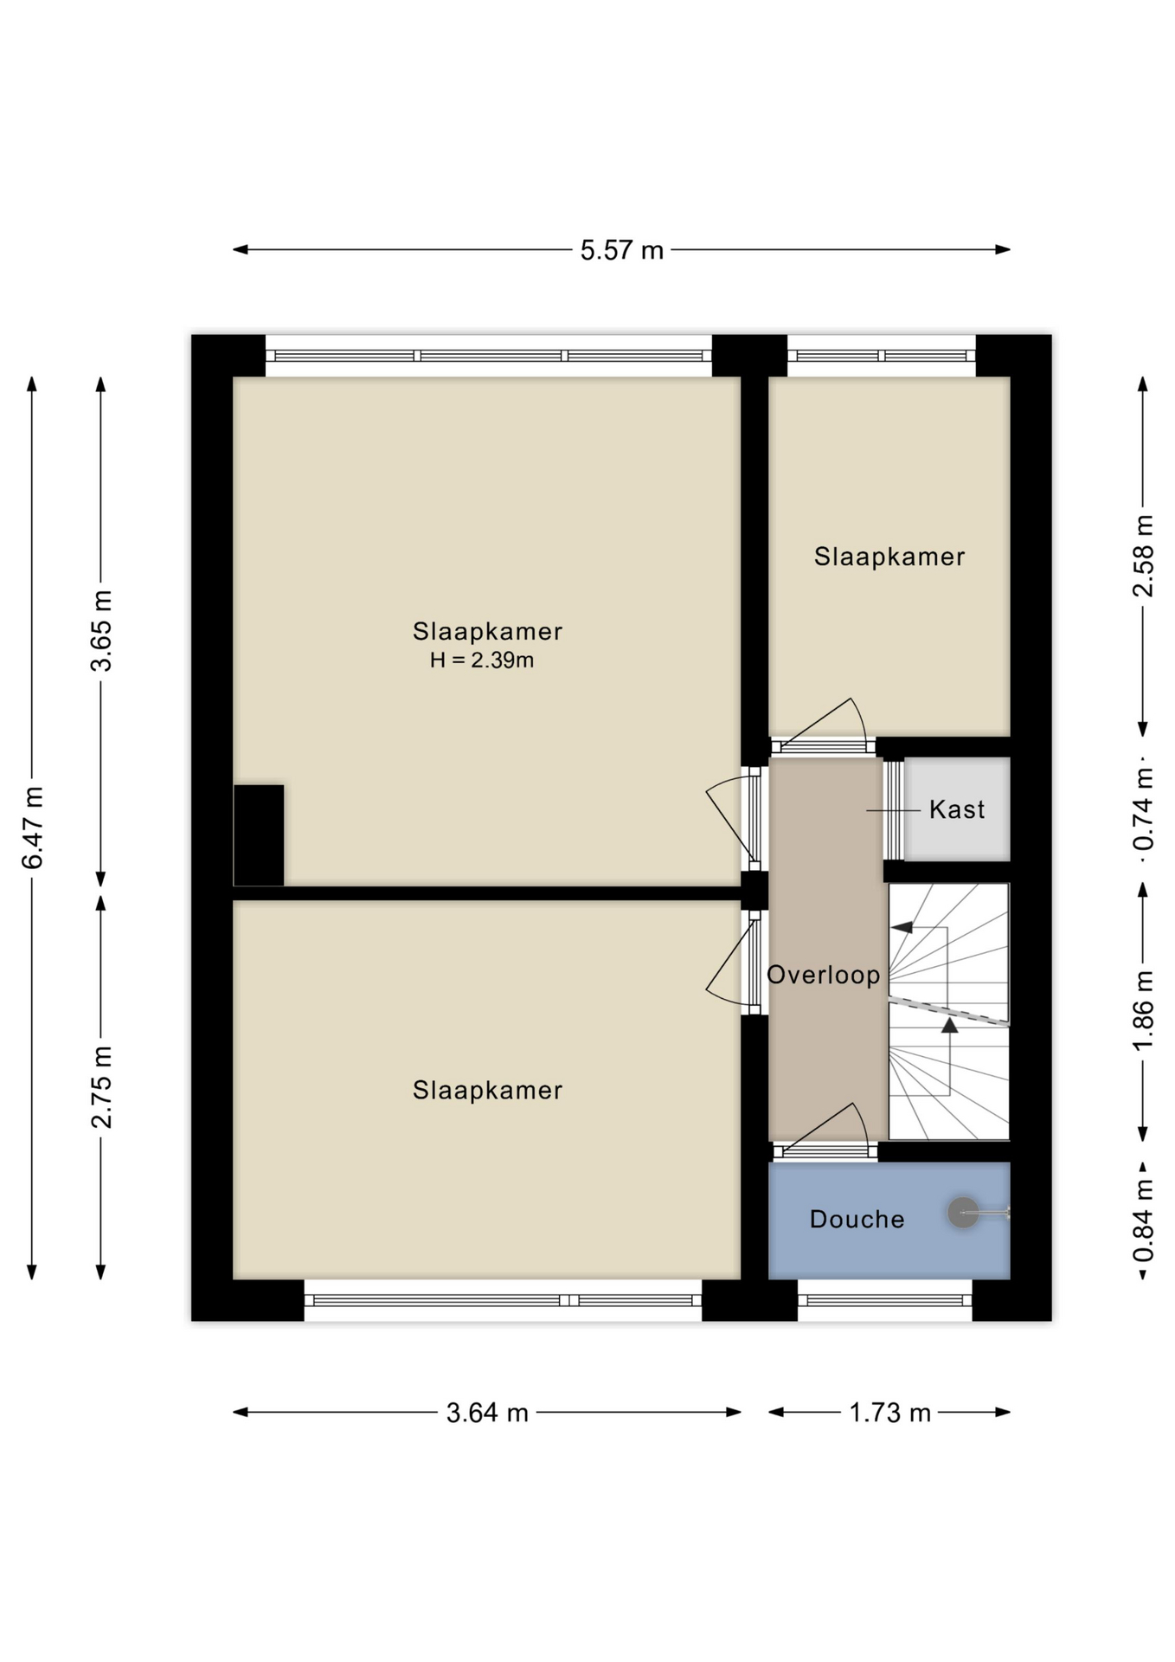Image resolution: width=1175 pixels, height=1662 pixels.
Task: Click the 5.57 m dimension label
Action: (621, 250)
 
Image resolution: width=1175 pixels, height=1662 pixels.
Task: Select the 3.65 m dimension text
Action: (102, 630)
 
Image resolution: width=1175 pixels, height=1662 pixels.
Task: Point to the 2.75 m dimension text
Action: (102, 1086)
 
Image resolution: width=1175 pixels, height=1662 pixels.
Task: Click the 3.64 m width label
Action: (486, 1413)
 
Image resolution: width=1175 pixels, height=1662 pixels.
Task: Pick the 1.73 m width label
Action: (889, 1413)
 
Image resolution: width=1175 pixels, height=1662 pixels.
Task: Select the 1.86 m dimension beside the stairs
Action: (1143, 1010)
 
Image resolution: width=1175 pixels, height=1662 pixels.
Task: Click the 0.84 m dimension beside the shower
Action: (1143, 1221)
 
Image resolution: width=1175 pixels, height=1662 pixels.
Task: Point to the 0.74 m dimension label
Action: (1143, 809)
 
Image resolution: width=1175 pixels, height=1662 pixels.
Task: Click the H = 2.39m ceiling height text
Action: (482, 660)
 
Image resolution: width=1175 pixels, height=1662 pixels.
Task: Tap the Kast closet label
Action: (956, 809)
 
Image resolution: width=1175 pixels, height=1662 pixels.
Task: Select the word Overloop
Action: (823, 975)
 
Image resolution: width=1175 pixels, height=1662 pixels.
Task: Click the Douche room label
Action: (857, 1219)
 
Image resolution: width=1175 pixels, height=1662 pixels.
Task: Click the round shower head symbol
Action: (962, 1212)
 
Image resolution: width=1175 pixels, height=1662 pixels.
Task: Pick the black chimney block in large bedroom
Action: (259, 834)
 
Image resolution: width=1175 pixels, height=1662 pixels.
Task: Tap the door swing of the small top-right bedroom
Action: (831, 723)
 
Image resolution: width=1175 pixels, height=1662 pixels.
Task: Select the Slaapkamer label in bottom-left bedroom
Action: (487, 1090)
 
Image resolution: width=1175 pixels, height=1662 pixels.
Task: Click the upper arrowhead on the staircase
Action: (902, 927)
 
